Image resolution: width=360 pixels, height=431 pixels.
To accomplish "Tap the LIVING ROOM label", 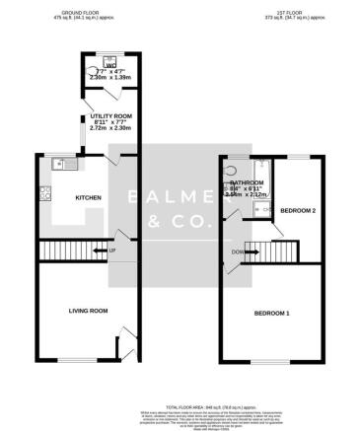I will [x=87, y=312].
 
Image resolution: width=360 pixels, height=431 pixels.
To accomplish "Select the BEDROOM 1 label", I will [x=272, y=314].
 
